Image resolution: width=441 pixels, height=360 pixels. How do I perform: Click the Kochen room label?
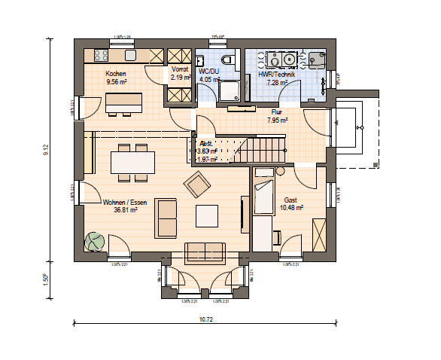tap(117, 72)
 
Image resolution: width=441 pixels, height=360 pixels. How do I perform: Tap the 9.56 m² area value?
tap(117, 81)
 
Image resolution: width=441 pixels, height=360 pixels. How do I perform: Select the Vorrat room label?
tap(179, 69)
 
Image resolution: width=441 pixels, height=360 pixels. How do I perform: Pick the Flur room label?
tap(277, 111)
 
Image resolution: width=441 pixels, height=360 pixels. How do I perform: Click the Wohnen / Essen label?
tap(124, 202)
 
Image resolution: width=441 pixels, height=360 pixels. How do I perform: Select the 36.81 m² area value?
tap(125, 210)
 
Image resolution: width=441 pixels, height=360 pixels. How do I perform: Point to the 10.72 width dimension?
tap(205, 320)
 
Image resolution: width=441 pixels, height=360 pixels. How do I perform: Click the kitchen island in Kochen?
tap(125, 100)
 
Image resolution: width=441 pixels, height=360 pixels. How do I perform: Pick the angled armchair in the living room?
tap(199, 183)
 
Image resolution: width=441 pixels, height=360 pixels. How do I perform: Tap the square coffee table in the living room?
tap(207, 216)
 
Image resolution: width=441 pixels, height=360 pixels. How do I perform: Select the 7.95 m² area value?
tap(278, 119)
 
